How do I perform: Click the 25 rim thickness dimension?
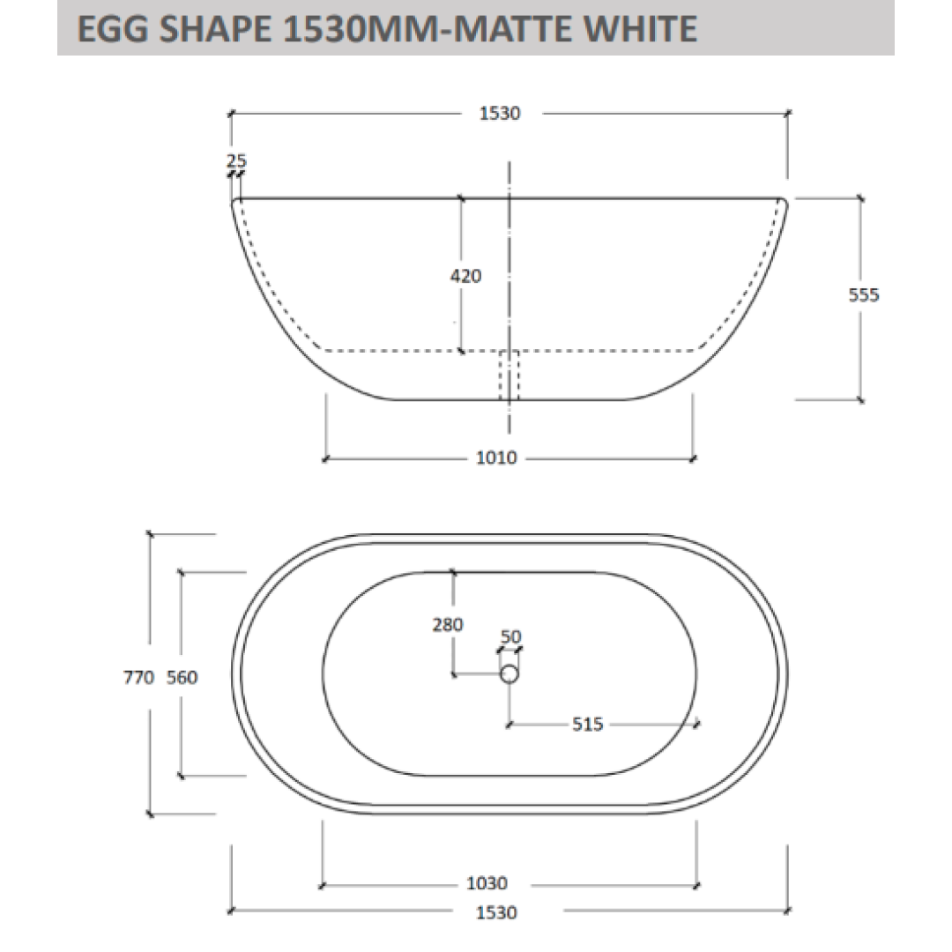coord(236,160)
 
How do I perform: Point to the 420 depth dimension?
coord(466,276)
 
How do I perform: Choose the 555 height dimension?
coord(864,295)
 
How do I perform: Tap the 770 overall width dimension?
coord(140,677)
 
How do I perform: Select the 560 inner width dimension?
coord(182,677)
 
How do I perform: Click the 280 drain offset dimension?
coord(448,625)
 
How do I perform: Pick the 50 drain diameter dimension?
coord(510,636)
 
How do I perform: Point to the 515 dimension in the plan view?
coord(587,725)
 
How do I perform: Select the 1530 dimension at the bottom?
coord(496,912)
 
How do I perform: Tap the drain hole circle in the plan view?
coord(509,674)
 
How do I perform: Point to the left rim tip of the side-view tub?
coord(235,202)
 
